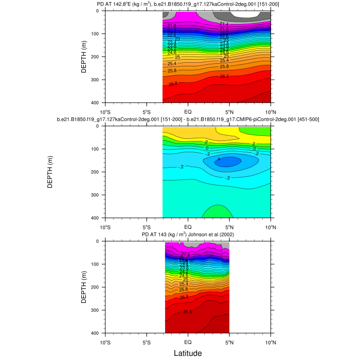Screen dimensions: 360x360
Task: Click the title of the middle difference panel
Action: (x=188, y=120)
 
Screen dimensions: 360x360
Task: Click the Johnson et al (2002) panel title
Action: (x=188, y=235)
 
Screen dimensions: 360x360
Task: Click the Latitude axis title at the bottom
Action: (x=187, y=353)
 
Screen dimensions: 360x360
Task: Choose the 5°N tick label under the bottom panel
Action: (x=229, y=341)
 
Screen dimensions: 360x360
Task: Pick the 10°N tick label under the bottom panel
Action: (x=270, y=341)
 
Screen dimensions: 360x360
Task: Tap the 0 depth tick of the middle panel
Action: (x=99, y=126)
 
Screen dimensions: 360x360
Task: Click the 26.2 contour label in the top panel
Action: (x=224, y=76)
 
